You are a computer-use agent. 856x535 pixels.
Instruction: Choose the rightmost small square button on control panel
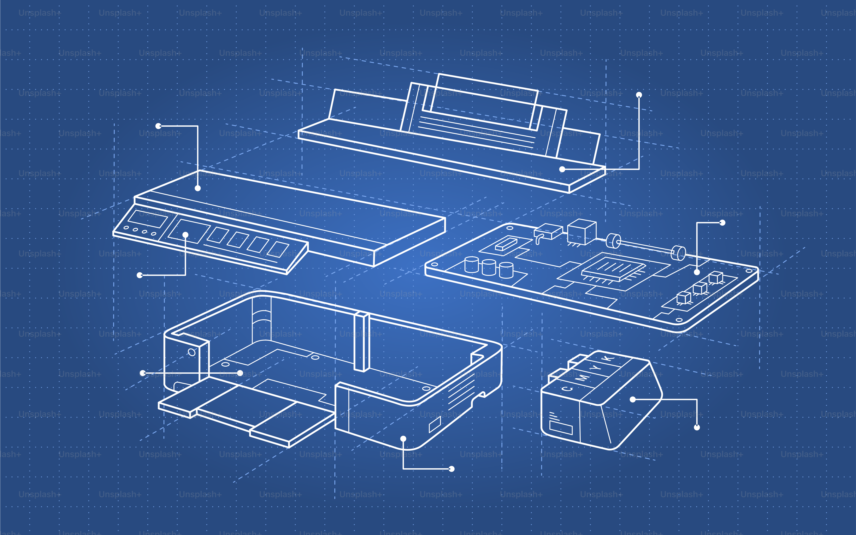coord(278,249)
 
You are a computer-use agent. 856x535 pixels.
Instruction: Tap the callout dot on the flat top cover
coord(198,188)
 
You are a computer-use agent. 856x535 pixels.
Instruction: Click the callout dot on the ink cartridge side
coord(633,400)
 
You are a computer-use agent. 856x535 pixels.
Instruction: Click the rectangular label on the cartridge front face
coord(561,427)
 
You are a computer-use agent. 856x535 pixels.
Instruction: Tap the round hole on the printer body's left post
coord(191,352)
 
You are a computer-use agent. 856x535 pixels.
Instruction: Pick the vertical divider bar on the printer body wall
coord(362,342)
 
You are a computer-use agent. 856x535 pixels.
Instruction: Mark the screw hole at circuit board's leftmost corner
coord(434,264)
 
